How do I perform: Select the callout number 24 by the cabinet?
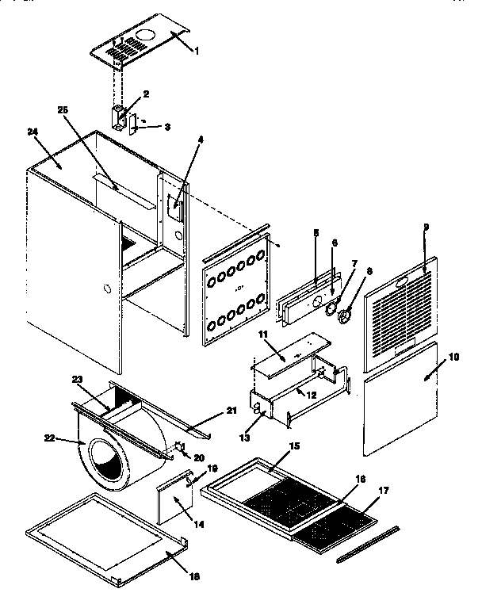(33, 132)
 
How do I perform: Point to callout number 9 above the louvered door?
(426, 228)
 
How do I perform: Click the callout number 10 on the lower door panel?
(454, 358)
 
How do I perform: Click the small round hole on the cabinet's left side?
(106, 291)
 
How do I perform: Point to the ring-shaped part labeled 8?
(346, 318)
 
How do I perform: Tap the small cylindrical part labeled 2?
(120, 117)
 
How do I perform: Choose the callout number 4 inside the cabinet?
(201, 140)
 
